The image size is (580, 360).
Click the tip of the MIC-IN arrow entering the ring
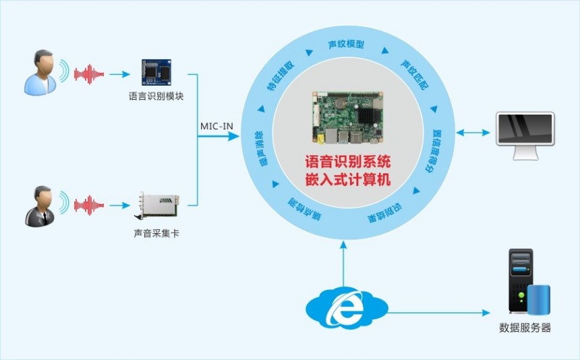coord(239,136)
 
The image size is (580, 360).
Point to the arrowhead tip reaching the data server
coord(490,313)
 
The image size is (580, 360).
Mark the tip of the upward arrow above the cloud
coord(344,241)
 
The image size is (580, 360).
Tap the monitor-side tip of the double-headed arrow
coord(490,132)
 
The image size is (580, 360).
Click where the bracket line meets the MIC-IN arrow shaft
coord(198,136)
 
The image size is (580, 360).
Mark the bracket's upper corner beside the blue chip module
coord(198,74)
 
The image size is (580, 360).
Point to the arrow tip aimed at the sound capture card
coord(130,206)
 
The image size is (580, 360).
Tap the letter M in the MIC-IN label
coord(204,127)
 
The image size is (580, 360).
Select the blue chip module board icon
coord(156,72)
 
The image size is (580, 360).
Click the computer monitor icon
coord(525,136)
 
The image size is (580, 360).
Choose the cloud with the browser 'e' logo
coord(347,307)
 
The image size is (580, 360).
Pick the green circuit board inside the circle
coord(347,117)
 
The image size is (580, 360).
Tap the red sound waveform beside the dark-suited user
coord(89,205)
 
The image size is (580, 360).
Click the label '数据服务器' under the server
coord(525,328)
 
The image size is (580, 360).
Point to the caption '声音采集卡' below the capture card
coord(156,233)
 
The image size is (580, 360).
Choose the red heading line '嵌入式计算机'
coord(348,179)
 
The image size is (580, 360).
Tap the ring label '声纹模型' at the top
coord(346,44)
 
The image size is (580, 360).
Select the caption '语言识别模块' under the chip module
coord(156,96)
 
